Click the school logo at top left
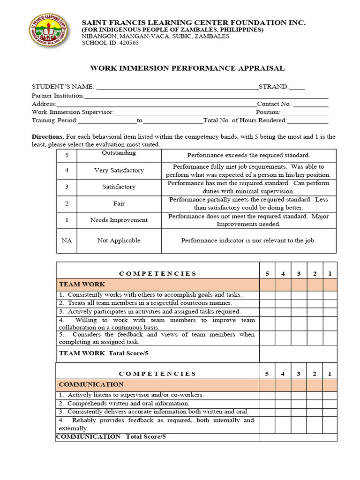coord(48,30)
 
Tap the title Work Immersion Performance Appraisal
coord(187,68)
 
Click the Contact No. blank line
coord(310,104)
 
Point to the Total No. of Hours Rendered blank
coord(307,121)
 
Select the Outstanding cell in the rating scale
coord(119,153)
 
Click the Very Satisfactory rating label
coord(119,171)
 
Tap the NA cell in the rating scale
coord(67,240)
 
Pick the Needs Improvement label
coord(119,220)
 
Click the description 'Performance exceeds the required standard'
coord(248,155)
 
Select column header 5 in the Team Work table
coord(267,273)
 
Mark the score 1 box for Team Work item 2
coord(330,303)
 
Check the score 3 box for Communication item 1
coord(299,395)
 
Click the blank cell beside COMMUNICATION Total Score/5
coord(298,437)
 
